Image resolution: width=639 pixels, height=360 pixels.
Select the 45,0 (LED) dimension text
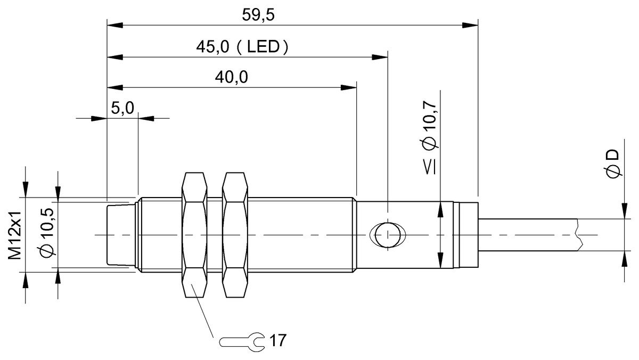242,47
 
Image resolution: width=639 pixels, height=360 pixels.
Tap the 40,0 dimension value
232,78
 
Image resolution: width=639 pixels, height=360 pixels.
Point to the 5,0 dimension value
122,109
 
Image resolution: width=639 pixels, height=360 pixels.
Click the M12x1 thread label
15,235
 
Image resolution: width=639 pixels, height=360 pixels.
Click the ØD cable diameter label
612,164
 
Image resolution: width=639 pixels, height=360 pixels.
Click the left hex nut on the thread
194,234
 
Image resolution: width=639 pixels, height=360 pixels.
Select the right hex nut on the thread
235,234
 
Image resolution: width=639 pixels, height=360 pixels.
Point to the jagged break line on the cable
579,234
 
